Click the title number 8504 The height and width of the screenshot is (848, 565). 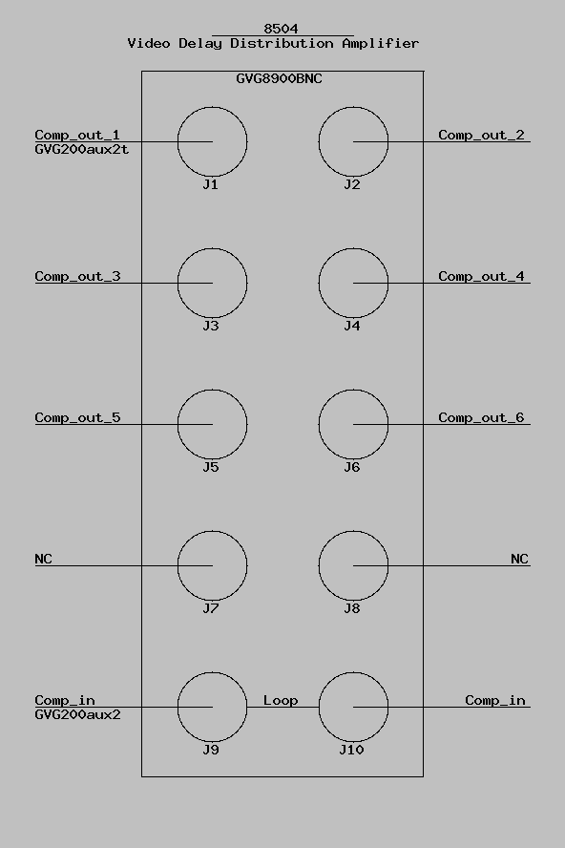pyautogui.click(x=281, y=28)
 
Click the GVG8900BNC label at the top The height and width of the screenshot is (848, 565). pyautogui.click(x=279, y=78)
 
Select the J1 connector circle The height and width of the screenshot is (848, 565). pyautogui.click(x=178, y=141)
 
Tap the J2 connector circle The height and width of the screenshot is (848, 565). pyautogui.click(x=319, y=141)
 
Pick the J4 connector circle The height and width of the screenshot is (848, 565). pyautogui.click(x=319, y=283)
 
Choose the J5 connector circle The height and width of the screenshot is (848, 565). pyautogui.click(x=178, y=425)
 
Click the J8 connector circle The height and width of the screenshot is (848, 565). pyautogui.click(x=319, y=565)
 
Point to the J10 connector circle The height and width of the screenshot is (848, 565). pyautogui.click(x=319, y=707)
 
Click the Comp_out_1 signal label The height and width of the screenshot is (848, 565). pyautogui.click(x=77, y=135)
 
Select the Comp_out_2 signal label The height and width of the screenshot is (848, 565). pyautogui.click(x=481, y=135)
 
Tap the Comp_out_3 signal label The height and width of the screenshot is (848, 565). pyautogui.click(x=77, y=276)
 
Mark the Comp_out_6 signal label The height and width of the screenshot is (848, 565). pyautogui.click(x=481, y=417)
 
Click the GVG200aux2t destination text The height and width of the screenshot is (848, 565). pyautogui.click(x=82, y=149)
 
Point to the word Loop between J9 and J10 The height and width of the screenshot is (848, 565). pyautogui.click(x=281, y=700)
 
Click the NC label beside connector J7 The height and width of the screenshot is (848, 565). pyautogui.click(x=43, y=559)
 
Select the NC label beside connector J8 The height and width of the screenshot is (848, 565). pyautogui.click(x=519, y=559)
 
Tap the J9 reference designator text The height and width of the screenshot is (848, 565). pyautogui.click(x=211, y=750)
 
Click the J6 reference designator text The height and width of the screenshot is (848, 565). pyautogui.click(x=352, y=467)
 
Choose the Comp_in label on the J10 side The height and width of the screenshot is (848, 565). pyautogui.click(x=495, y=700)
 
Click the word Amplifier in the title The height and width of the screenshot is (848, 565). pyautogui.click(x=381, y=43)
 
